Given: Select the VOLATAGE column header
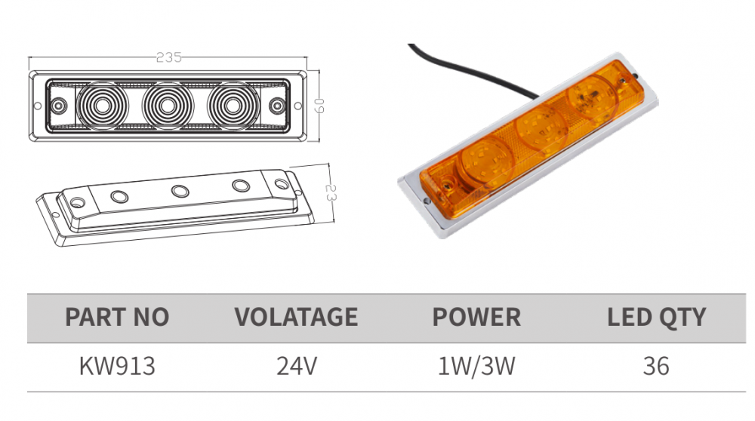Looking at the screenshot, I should [x=296, y=317].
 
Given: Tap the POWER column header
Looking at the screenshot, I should [x=476, y=317].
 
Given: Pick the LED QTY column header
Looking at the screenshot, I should [x=656, y=317].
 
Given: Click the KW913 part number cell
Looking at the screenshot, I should [x=117, y=367].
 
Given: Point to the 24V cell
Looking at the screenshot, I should [x=296, y=367].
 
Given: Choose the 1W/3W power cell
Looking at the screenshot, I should [x=476, y=367].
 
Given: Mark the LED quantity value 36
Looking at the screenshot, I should [x=656, y=367].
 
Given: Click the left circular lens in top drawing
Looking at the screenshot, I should [x=102, y=105].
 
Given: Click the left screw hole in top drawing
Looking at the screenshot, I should [x=60, y=105].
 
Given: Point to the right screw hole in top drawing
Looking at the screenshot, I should [x=277, y=105].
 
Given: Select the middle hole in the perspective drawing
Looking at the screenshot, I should [x=179, y=191].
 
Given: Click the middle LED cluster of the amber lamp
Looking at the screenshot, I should [x=541, y=129].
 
